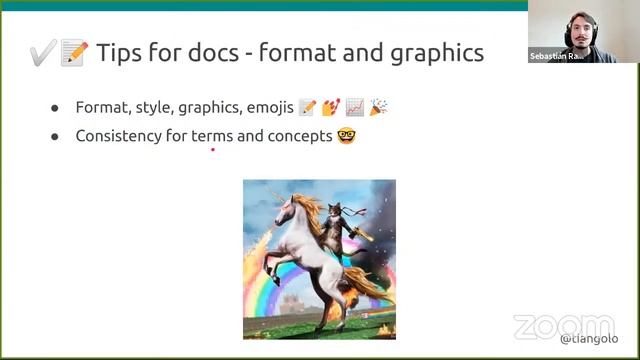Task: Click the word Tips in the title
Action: pos(119,52)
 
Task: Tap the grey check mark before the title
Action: pos(42,53)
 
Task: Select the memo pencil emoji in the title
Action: pos(74,53)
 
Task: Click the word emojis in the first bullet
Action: pos(266,107)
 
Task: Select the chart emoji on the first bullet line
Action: pos(354,107)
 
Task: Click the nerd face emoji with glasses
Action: pos(347,135)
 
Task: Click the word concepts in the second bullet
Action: pos(299,135)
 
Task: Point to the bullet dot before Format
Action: pos(56,108)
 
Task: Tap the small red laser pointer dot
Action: pos(213,150)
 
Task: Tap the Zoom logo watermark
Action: pos(563,326)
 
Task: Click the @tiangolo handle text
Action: pos(589,339)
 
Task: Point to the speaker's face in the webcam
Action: pos(581,30)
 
